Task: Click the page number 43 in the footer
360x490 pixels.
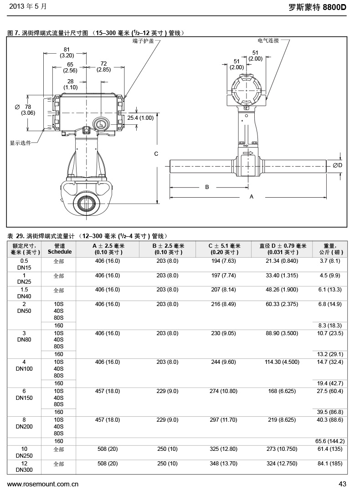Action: (x=343, y=484)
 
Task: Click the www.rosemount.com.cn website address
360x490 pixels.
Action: (x=43, y=484)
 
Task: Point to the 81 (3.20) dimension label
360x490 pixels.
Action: (x=67, y=52)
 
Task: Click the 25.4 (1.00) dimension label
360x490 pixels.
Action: (x=140, y=117)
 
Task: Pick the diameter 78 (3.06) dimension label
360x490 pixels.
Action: (x=25, y=110)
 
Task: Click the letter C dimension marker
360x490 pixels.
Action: (x=156, y=154)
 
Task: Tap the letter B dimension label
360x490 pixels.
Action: (x=206, y=187)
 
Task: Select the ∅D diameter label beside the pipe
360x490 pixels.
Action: (x=337, y=165)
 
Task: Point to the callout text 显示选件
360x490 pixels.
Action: (x=21, y=143)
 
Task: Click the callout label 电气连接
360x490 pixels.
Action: (x=268, y=41)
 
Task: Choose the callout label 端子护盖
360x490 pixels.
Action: (x=143, y=41)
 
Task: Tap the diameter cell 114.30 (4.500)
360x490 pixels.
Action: (x=283, y=362)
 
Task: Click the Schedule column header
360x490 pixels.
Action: (x=60, y=249)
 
